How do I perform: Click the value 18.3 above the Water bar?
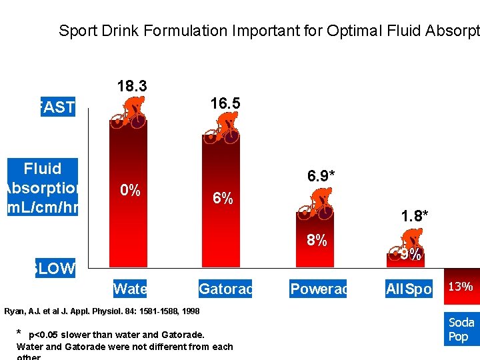(132, 87)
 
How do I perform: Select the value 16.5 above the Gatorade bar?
(225, 103)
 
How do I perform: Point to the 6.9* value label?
(321, 176)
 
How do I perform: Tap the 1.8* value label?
(414, 215)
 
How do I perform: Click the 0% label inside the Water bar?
(130, 191)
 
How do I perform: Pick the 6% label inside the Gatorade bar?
(223, 199)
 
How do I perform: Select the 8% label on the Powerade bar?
(317, 241)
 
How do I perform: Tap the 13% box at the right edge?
(461, 287)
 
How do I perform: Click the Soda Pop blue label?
(461, 329)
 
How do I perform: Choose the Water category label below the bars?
(130, 289)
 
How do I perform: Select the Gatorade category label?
(225, 289)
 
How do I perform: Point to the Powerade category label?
(318, 289)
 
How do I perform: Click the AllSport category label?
(409, 289)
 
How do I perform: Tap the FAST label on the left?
(57, 107)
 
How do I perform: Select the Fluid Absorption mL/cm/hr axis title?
(43, 188)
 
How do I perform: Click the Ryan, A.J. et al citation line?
(102, 311)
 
